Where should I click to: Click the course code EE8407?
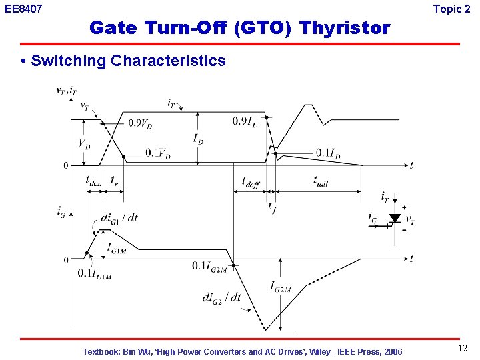click(x=23, y=9)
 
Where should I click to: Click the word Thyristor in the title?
click(x=345, y=28)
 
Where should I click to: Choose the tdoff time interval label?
click(x=251, y=182)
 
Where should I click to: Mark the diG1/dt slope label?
click(x=119, y=217)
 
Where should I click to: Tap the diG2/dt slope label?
click(x=221, y=298)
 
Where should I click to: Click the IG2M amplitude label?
click(x=281, y=287)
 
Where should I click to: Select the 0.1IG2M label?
click(x=209, y=266)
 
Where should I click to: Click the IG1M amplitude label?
click(x=119, y=247)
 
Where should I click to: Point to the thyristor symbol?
click(x=394, y=218)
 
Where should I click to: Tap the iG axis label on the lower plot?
click(x=62, y=211)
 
